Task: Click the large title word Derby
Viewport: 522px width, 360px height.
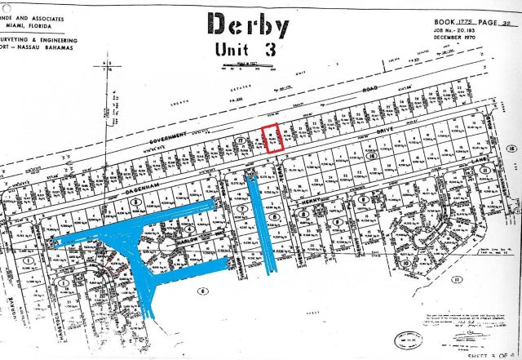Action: pos(248,26)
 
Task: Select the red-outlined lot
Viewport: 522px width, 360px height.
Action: pos(272,138)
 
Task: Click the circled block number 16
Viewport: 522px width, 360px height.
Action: pos(512,149)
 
